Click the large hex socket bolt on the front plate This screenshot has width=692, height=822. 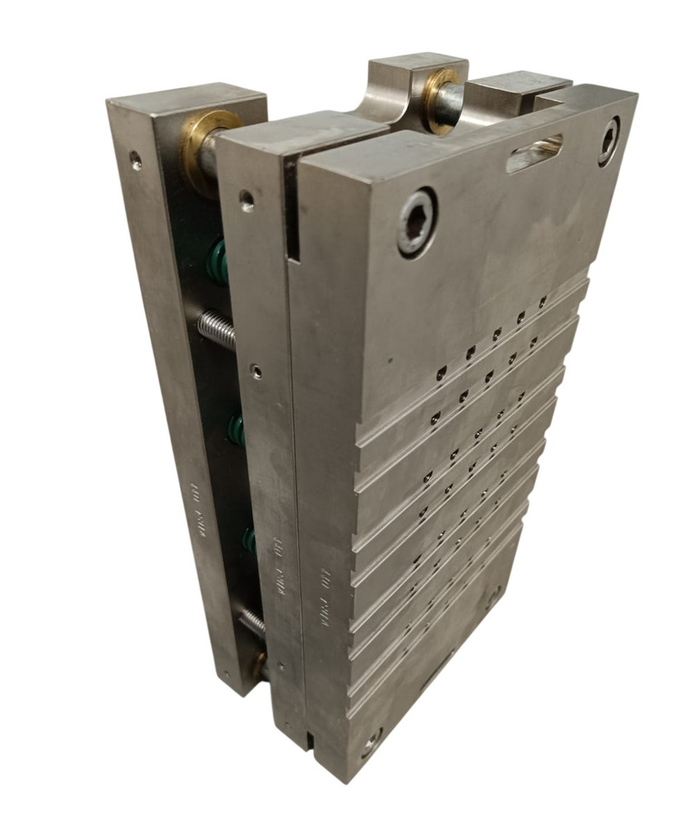(417, 221)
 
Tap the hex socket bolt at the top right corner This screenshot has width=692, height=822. (609, 141)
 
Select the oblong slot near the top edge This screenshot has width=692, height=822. (534, 153)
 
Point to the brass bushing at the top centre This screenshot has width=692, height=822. (441, 97)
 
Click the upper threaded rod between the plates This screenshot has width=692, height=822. (216, 328)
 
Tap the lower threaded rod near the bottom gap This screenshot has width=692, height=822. (251, 621)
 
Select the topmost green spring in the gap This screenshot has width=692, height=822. (218, 261)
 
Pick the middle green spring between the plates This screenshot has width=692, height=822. (237, 429)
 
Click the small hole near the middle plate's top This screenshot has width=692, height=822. (246, 197)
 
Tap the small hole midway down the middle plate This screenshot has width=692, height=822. (257, 372)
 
